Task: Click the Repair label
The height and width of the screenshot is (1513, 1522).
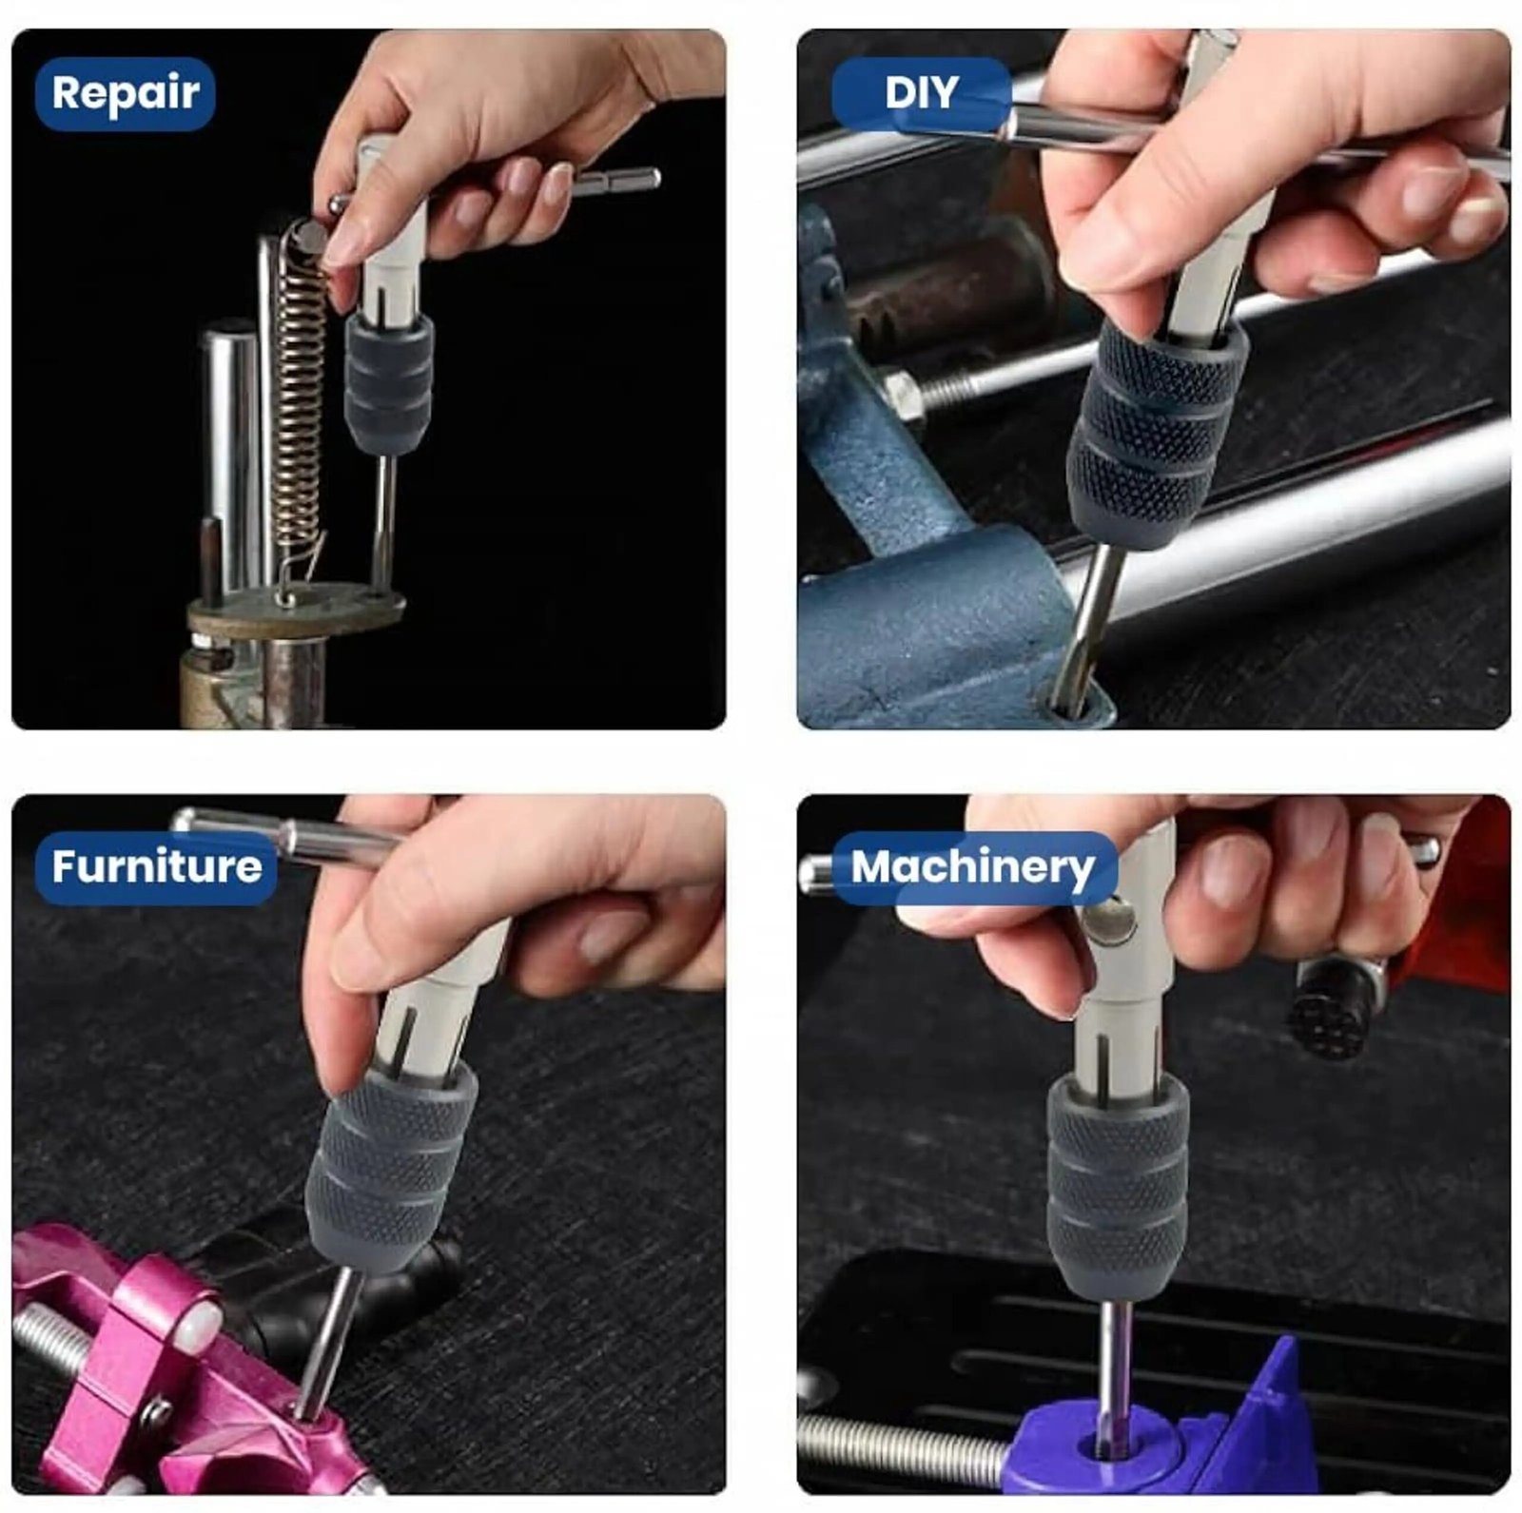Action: click(125, 93)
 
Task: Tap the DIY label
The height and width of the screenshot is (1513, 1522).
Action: click(921, 93)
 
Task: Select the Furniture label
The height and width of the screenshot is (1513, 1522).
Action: click(156, 867)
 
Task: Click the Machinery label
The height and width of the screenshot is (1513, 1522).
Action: click(972, 867)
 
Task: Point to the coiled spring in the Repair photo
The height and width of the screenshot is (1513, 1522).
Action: click(299, 399)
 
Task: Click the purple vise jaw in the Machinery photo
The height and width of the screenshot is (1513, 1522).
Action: click(1189, 1436)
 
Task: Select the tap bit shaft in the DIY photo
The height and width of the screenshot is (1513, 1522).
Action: click(1094, 623)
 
